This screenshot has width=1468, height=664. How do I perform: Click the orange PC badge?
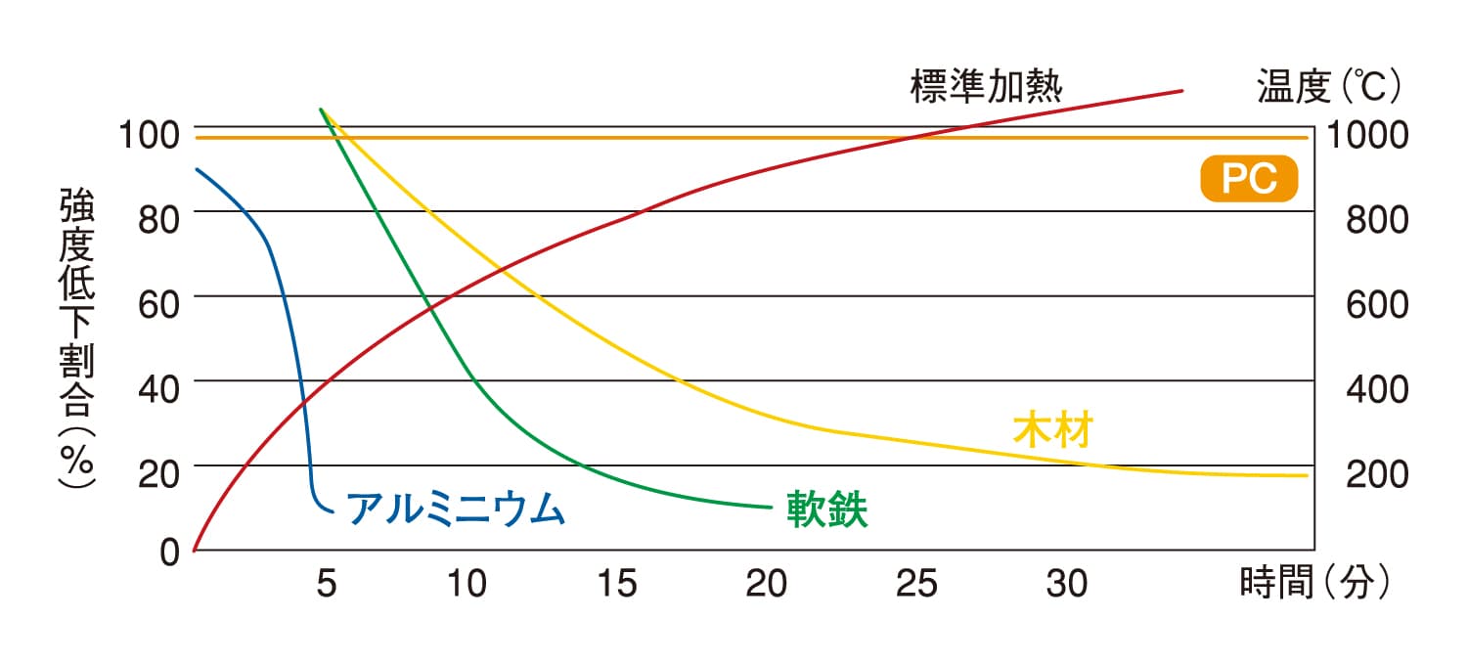coord(1249,181)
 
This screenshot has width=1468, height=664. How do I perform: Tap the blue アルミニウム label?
coord(456,509)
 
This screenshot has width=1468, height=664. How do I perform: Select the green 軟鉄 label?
coord(827,510)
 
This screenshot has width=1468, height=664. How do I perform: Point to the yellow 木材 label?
coord(1051,430)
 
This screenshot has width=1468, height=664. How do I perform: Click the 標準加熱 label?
coord(986,87)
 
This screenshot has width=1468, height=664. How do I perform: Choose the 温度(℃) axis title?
coord(1329,87)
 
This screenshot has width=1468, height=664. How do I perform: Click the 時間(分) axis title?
coord(1313,584)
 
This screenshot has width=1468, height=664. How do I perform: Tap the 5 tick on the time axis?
coord(326,585)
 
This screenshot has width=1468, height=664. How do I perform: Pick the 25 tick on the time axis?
coord(916,585)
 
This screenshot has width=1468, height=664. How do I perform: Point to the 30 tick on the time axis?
coord(1066,585)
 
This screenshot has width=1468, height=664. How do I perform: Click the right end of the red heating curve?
coord(1182,90)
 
